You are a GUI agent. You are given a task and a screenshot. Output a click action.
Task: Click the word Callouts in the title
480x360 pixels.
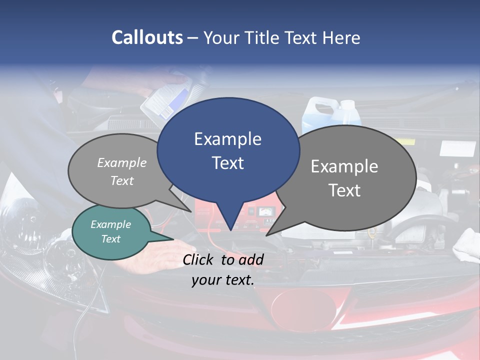coord(147,37)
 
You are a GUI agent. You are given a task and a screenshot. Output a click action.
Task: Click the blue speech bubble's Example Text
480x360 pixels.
coord(228,151)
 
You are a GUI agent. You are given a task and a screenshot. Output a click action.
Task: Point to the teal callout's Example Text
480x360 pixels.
coord(111,231)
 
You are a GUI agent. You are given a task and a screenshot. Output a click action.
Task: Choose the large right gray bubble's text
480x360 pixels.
coord(344,178)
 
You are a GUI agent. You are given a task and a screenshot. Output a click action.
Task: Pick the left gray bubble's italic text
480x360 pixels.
coord(122,171)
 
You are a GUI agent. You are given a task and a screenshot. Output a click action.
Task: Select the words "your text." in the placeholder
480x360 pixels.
coord(223,280)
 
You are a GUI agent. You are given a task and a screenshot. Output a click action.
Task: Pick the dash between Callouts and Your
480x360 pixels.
coord(193,38)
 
